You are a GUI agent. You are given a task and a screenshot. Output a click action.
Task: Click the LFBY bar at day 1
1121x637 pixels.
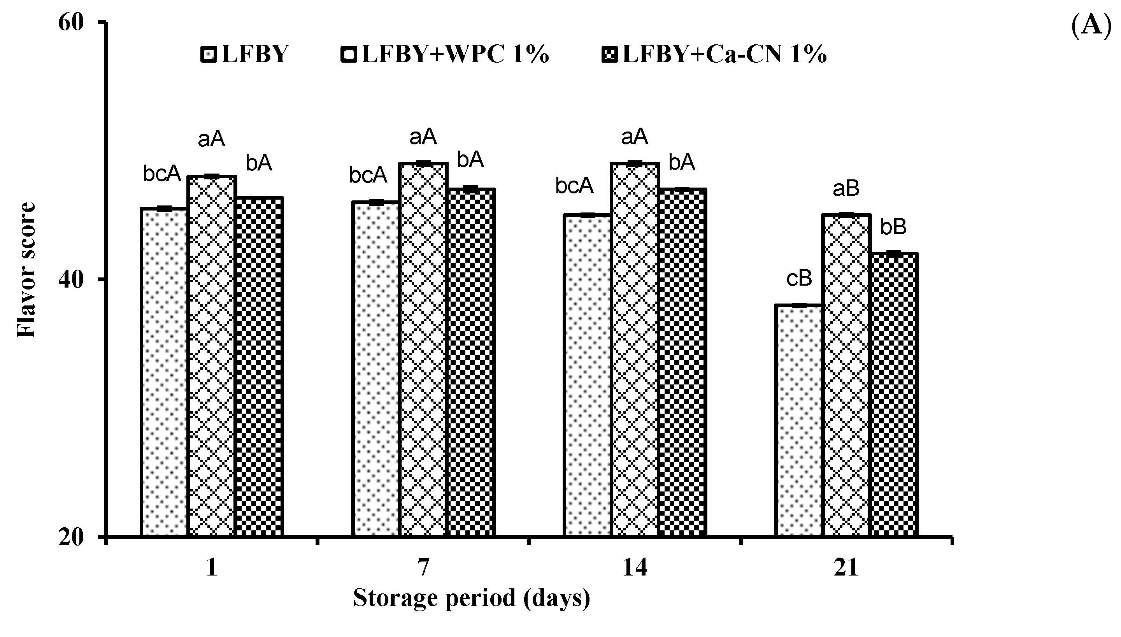click(163, 372)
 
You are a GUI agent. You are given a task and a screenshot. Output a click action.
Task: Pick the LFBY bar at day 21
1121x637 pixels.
click(798, 420)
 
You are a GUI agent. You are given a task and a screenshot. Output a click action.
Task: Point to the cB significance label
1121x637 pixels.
click(799, 279)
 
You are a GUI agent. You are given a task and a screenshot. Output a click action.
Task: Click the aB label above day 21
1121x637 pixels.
click(846, 189)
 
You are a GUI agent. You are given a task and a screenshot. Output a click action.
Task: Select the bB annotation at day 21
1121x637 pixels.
click(893, 227)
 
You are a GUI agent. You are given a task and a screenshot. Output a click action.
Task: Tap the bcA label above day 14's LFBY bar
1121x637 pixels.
click(574, 186)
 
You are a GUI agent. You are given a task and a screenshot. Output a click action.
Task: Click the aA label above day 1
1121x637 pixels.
click(211, 140)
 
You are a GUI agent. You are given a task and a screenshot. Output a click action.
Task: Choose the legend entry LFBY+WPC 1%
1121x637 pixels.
click(445, 55)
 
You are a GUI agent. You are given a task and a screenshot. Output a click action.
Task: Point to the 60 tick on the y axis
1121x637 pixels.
click(71, 23)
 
